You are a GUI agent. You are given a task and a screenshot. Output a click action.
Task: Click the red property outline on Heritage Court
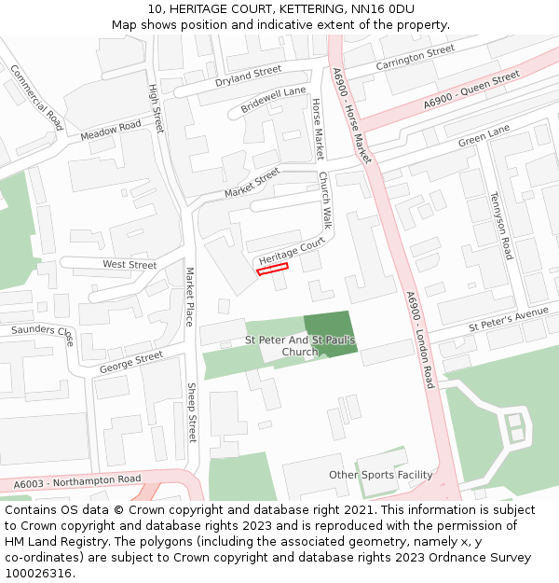point(272,269)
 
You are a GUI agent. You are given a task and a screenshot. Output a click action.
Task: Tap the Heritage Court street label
point(292,250)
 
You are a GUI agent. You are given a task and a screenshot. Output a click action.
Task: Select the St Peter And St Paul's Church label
point(299,346)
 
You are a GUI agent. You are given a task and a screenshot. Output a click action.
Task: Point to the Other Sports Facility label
point(380,475)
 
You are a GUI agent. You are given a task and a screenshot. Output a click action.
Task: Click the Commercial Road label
point(35,97)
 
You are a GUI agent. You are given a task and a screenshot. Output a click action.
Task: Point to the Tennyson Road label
point(500,227)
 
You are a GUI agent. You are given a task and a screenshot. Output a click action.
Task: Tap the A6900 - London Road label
point(420,340)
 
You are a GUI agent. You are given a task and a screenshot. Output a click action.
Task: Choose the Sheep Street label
point(192,411)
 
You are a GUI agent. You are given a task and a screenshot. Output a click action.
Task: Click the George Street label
point(130,362)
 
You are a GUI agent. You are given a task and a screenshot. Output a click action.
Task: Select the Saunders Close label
point(41,333)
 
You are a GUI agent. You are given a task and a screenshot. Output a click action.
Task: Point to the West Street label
point(130,265)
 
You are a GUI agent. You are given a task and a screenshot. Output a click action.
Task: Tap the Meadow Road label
point(110,131)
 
